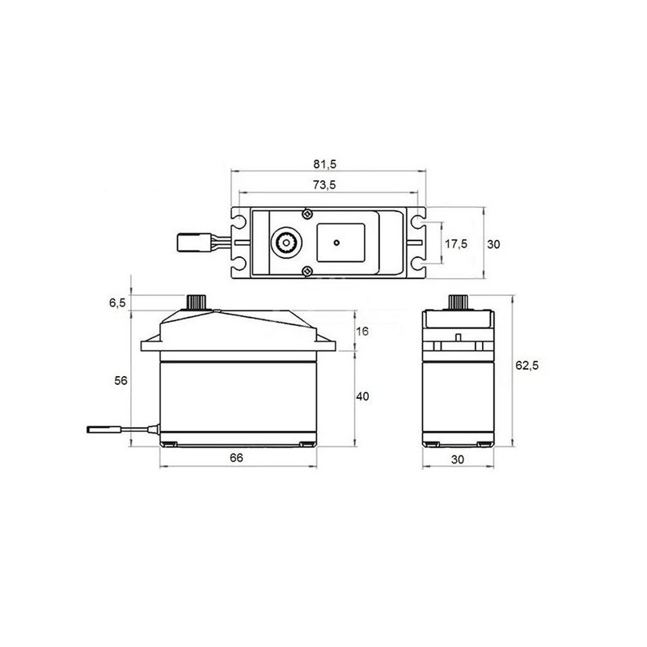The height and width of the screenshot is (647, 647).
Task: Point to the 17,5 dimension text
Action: click(457, 243)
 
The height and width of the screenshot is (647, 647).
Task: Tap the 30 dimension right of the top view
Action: click(496, 243)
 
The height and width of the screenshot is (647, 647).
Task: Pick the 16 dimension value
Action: click(362, 332)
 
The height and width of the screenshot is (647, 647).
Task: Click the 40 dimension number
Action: click(363, 397)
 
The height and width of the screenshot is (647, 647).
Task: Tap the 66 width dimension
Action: click(236, 458)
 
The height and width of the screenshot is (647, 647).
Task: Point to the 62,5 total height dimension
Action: click(526, 366)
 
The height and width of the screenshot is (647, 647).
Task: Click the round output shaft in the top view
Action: click(285, 241)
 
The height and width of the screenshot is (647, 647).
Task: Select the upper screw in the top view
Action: click(307, 214)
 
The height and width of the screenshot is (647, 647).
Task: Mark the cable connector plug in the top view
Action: click(191, 241)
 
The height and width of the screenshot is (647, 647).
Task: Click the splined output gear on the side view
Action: click(196, 301)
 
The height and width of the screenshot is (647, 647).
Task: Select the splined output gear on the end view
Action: click(457, 301)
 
